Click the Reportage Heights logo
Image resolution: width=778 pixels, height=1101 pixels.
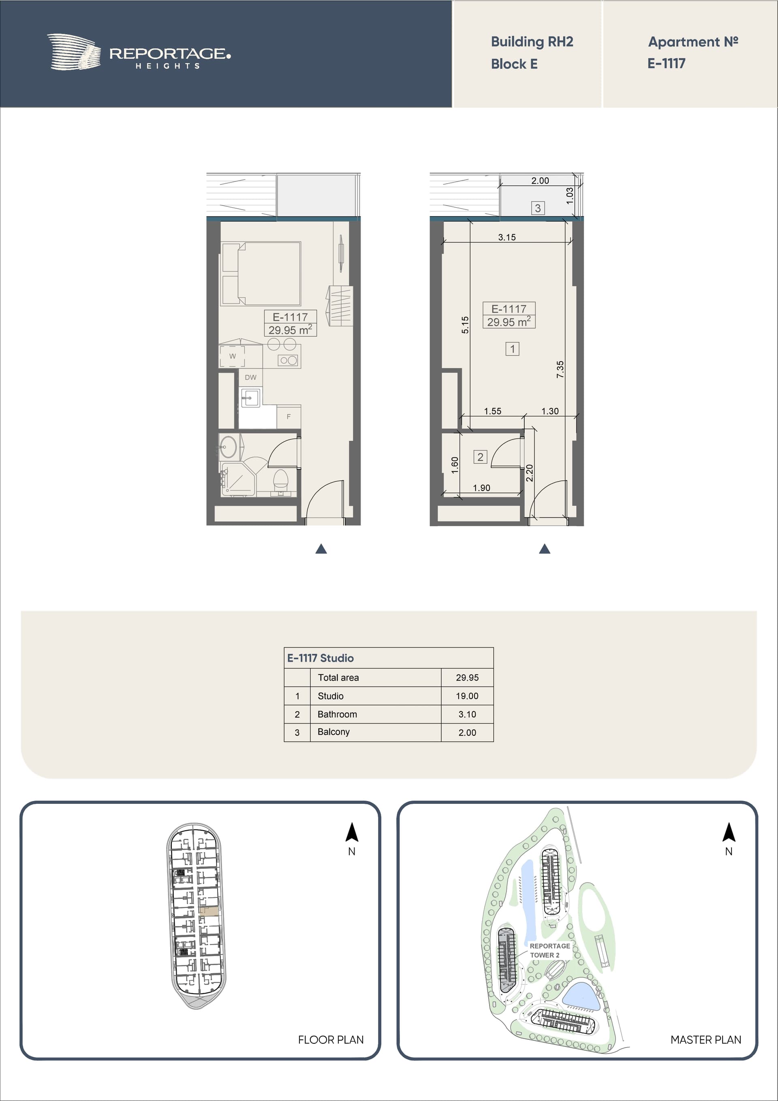click(139, 52)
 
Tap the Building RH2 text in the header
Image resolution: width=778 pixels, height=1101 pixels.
click(532, 42)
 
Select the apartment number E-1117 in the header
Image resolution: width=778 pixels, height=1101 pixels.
click(666, 63)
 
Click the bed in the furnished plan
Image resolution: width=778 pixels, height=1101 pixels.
click(261, 273)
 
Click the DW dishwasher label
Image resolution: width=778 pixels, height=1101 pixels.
click(251, 377)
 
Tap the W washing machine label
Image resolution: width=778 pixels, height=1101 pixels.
click(233, 356)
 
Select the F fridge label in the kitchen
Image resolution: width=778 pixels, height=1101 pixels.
click(289, 417)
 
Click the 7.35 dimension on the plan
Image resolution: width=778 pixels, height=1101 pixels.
click(560, 369)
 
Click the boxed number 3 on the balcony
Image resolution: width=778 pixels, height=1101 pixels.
click(538, 208)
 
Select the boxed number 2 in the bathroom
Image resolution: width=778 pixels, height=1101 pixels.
click(480, 456)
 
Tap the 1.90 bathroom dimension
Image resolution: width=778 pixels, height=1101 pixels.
click(481, 488)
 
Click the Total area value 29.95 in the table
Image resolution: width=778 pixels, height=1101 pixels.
click(467, 677)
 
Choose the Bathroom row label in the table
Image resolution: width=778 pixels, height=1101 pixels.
click(338, 714)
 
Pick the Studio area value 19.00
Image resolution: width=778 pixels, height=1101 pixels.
click(467, 696)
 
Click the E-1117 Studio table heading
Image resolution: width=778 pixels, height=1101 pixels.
click(321, 658)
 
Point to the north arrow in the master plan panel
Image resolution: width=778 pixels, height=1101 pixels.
click(729, 833)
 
